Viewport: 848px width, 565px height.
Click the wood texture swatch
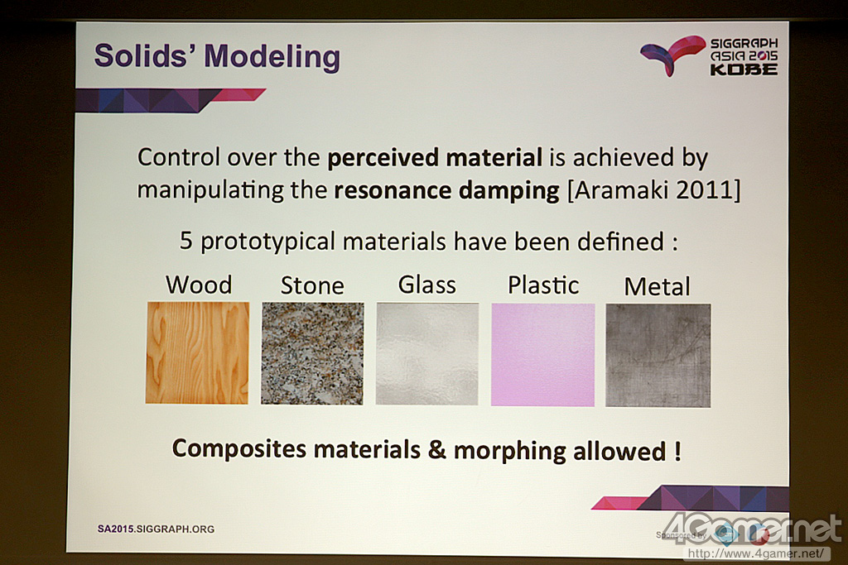click(197, 352)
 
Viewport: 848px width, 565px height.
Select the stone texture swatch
click(312, 353)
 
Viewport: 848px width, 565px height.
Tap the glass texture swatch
click(427, 354)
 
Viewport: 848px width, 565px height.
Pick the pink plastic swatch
click(543, 355)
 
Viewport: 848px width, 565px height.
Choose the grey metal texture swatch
click(658, 356)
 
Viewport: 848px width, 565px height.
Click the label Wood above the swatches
click(199, 285)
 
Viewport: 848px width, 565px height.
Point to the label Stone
click(312, 285)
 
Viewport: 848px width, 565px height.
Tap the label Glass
click(427, 285)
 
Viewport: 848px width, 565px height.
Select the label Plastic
click(543, 285)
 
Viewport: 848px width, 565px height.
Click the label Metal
click(657, 287)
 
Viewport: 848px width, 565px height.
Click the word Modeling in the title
click(272, 57)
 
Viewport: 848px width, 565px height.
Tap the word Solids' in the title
click(145, 55)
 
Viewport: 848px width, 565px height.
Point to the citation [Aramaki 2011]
click(654, 190)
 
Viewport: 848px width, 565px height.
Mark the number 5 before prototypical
click(186, 241)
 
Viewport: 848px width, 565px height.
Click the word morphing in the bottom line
click(510, 452)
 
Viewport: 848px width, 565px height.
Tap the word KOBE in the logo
click(744, 69)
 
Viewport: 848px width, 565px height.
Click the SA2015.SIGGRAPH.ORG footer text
click(156, 529)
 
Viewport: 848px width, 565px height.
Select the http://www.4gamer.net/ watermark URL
click(757, 553)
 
